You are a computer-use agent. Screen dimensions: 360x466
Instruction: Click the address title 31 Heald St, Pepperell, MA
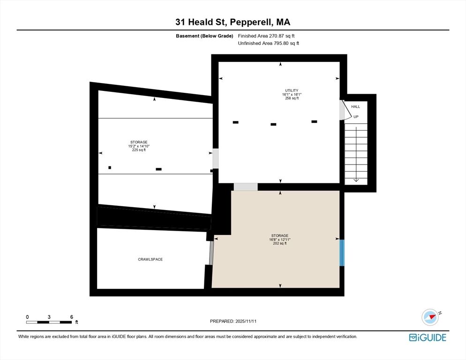pos(233,22)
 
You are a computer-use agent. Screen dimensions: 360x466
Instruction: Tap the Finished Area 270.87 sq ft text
pos(266,36)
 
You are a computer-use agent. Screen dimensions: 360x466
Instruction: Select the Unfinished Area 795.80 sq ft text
pos(268,43)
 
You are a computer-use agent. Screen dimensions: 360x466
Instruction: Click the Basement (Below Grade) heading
pos(204,36)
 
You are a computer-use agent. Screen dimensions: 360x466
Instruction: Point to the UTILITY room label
pos(292,90)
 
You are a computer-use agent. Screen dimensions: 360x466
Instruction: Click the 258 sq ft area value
pos(292,98)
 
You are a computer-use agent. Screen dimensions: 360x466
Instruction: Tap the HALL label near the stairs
pos(356,107)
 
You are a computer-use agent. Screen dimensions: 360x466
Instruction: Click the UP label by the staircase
pos(356,117)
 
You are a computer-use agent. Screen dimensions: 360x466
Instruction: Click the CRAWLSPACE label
pos(150,259)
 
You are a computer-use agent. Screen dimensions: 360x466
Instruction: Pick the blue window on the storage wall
pos(342,253)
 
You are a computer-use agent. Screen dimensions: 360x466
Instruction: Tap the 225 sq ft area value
pos(139,150)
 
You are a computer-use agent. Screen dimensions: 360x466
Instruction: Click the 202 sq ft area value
pos(279,243)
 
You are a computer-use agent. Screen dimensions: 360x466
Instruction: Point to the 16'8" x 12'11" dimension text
pos(279,240)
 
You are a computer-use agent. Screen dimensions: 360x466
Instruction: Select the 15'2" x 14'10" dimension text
pos(139,146)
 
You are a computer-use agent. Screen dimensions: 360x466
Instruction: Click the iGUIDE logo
pos(427,337)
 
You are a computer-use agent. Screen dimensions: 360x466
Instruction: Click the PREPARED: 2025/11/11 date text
pos(233,321)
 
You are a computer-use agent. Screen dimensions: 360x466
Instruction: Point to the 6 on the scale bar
pos(71,317)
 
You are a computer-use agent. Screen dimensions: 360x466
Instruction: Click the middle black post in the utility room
pos(273,124)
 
